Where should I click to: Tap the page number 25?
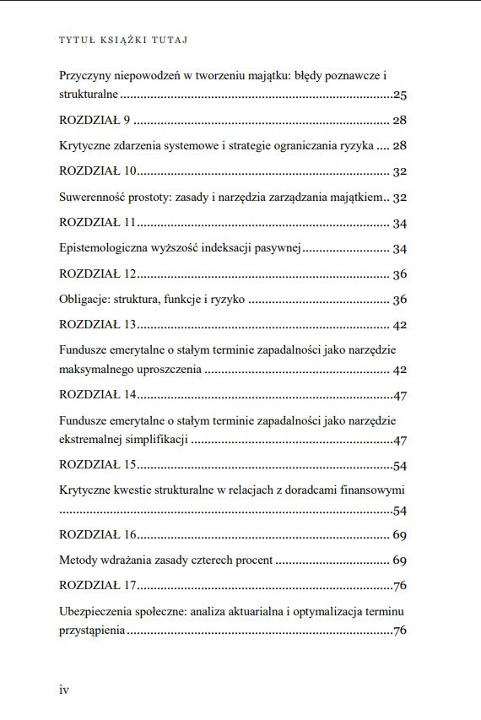pyautogui.click(x=400, y=95)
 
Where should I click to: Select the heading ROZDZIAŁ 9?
pyautogui.click(x=94, y=121)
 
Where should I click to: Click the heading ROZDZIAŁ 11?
pyautogui.click(x=98, y=224)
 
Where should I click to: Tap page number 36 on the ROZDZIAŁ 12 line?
pyautogui.click(x=400, y=274)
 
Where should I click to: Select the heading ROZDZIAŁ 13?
pyautogui.click(x=98, y=325)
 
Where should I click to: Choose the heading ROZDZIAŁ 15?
pyautogui.click(x=98, y=466)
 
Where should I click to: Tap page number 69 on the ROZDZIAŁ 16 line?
pyautogui.click(x=400, y=535)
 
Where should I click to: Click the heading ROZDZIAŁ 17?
pyautogui.click(x=98, y=586)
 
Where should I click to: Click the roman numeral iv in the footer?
pyautogui.click(x=64, y=690)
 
